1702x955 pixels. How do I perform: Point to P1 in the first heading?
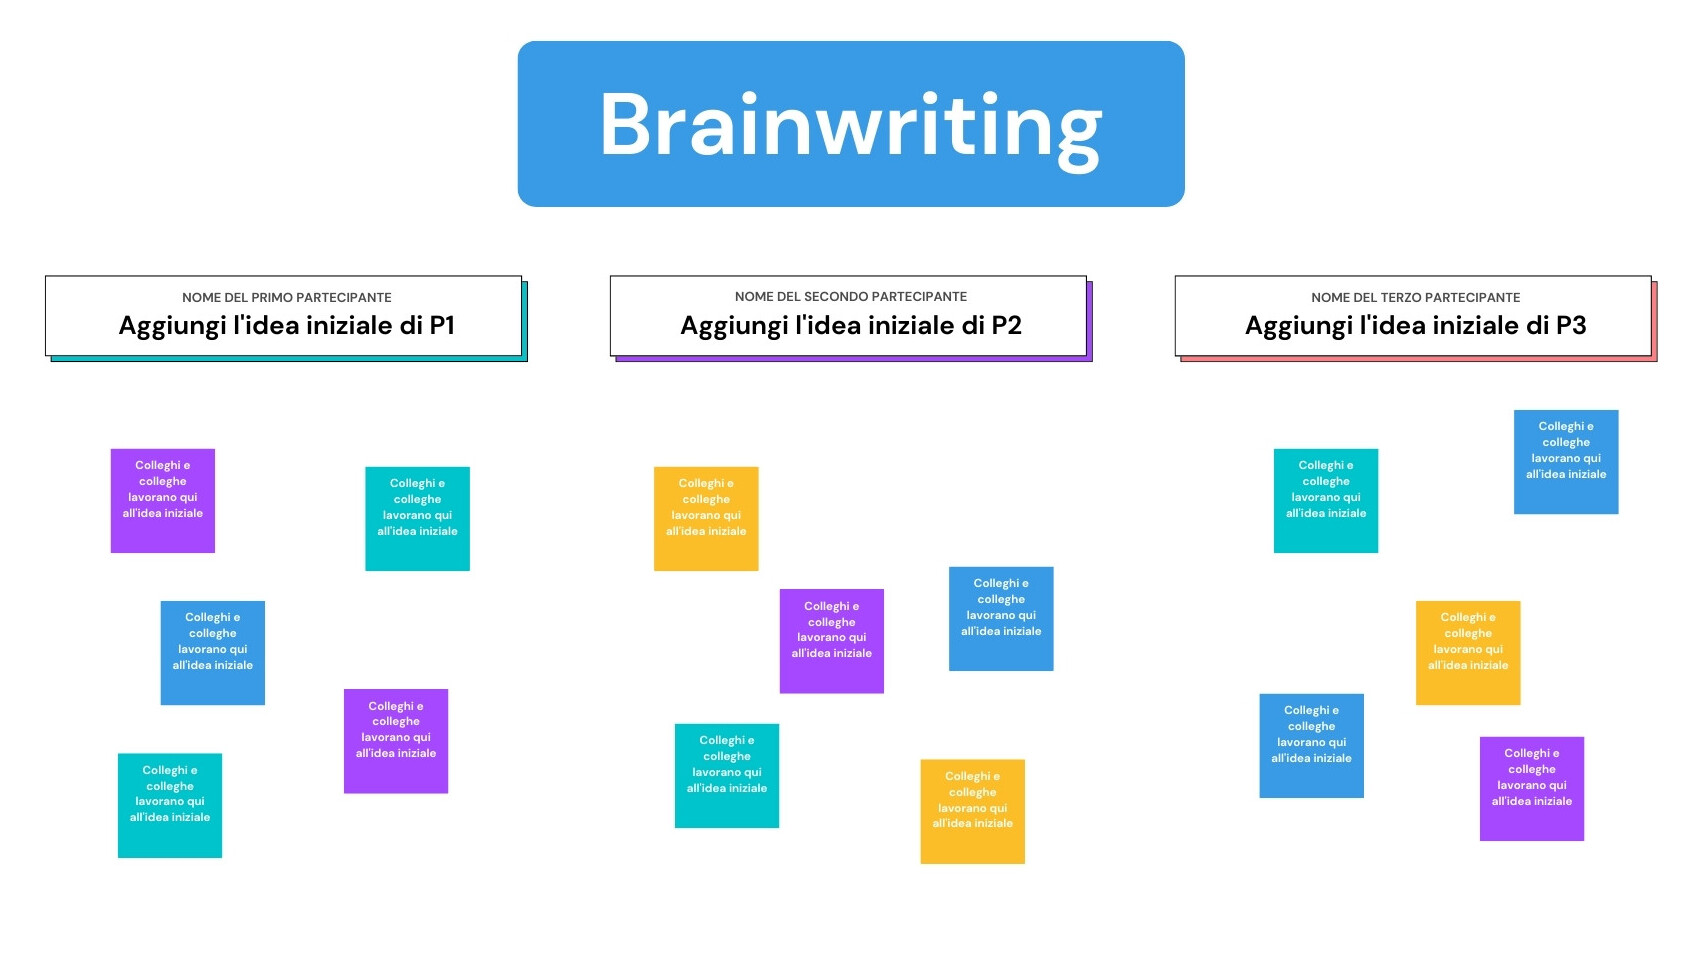(441, 325)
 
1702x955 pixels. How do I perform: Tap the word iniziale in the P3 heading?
(1488, 325)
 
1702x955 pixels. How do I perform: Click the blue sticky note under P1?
(213, 653)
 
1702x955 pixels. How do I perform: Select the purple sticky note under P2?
(831, 641)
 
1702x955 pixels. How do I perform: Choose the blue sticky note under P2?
(1001, 618)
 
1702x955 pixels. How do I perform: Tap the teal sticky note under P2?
(726, 776)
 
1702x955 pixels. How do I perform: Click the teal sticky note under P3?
(1326, 501)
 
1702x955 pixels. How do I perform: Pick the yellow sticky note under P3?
(1468, 653)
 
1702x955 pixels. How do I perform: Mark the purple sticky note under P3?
(1532, 789)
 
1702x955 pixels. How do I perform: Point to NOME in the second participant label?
(752, 296)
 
